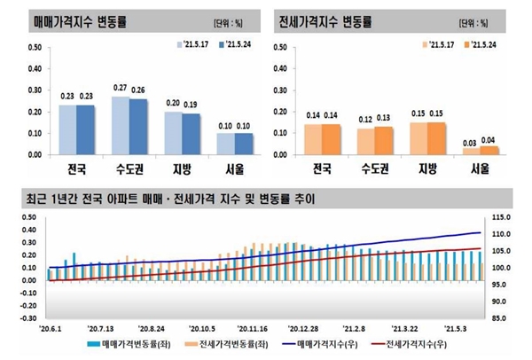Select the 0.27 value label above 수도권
click(121, 89)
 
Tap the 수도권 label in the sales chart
click(126, 168)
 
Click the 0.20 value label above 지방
click(175, 104)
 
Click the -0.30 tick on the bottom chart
click(27, 317)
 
